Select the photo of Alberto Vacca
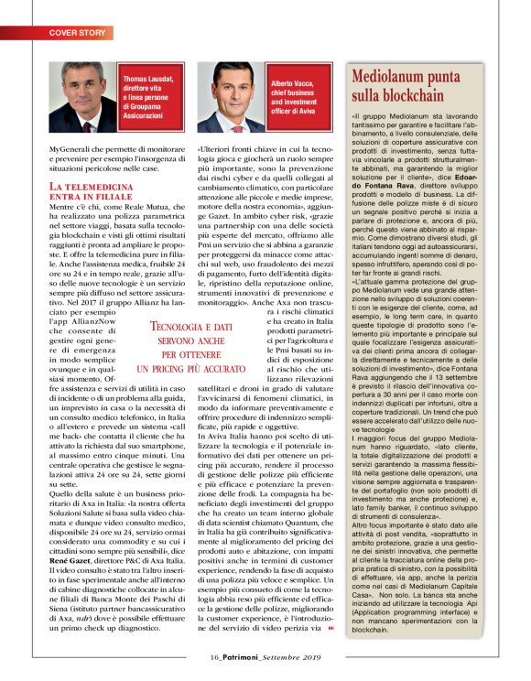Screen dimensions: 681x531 [232, 99]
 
